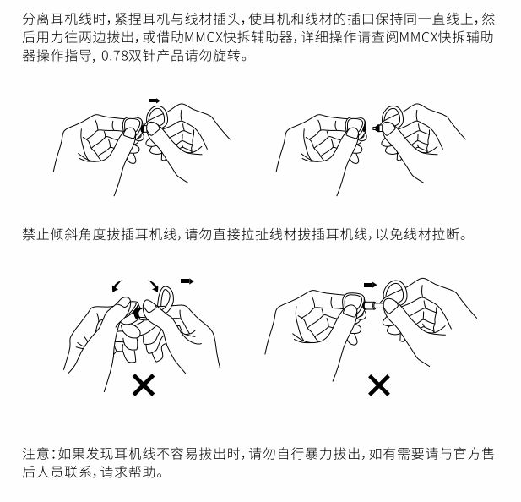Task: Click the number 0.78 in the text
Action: [114, 56]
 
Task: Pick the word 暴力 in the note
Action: [319, 454]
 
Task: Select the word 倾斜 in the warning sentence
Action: [64, 234]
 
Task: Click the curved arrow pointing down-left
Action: [117, 286]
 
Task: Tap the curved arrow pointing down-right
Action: [154, 286]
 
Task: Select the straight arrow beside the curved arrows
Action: [187, 281]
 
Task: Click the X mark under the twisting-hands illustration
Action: [144, 385]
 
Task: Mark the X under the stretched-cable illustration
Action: [379, 385]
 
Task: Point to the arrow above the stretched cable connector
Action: [370, 285]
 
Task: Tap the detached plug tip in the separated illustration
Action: [377, 128]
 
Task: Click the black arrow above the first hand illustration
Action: [155, 101]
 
